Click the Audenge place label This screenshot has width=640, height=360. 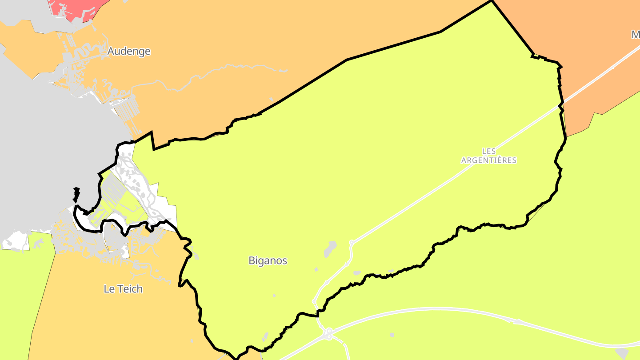click(x=129, y=52)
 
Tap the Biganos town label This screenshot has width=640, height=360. click(x=268, y=261)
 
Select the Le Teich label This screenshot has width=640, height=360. click(x=123, y=289)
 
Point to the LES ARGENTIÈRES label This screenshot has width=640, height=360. click(x=489, y=156)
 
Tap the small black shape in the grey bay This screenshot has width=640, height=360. click(x=76, y=194)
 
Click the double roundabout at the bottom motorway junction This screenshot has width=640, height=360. click(x=328, y=334)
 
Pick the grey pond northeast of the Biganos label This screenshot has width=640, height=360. click(x=330, y=248)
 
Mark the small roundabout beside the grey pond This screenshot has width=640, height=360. click(x=351, y=243)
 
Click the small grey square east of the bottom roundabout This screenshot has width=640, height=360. click(x=392, y=335)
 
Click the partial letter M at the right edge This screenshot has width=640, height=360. click(x=636, y=35)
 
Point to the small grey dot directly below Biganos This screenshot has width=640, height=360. click(x=274, y=296)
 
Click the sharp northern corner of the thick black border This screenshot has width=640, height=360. click(x=492, y=1)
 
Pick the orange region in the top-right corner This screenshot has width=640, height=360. click(x=578, y=27)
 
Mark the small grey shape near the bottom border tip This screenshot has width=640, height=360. click(x=265, y=336)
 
